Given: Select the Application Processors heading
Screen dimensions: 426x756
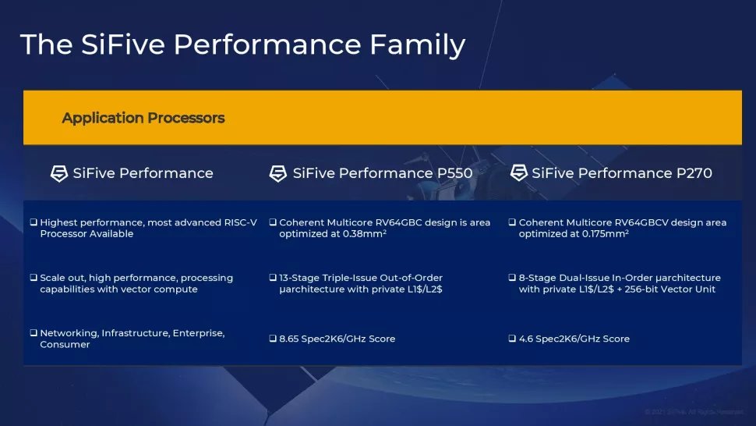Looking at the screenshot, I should pos(143,118).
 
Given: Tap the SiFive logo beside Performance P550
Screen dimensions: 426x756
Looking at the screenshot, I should pos(278,173).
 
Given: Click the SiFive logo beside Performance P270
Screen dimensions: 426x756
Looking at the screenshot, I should pos(519,173).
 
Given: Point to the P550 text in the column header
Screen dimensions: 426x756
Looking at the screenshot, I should pos(449,173).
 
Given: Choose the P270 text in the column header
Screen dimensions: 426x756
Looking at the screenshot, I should pos(688,173).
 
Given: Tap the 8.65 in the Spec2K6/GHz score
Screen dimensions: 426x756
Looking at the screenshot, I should pos(290,339).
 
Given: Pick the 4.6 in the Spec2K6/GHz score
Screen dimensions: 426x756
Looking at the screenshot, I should pos(526,339).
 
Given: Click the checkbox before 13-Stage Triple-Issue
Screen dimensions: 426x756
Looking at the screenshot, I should pos(273,279).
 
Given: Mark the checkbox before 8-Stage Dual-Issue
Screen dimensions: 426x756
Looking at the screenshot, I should pos(512,279).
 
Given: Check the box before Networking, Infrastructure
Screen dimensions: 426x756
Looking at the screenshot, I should pos(34,334).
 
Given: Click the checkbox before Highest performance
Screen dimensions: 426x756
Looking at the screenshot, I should pos(34,223).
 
